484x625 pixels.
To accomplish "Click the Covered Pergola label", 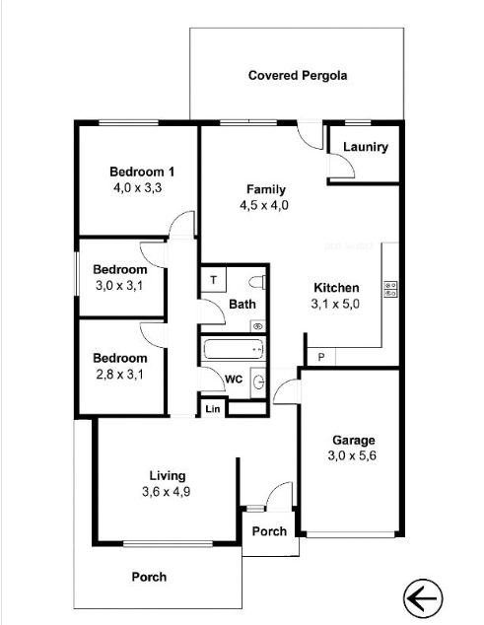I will pyautogui.click(x=298, y=75).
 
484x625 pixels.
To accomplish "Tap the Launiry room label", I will pyautogui.click(x=365, y=148).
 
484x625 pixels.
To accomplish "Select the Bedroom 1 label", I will pyautogui.click(x=142, y=172).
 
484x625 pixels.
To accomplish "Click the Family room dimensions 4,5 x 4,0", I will pyautogui.click(x=266, y=205).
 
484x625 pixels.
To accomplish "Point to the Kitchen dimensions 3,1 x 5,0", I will pyautogui.click(x=336, y=304).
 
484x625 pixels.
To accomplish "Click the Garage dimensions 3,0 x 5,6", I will pyautogui.click(x=353, y=456).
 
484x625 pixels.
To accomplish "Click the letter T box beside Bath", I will pyautogui.click(x=213, y=280).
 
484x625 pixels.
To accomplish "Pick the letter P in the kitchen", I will pyautogui.click(x=320, y=357).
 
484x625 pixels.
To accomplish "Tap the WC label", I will pyautogui.click(x=234, y=380).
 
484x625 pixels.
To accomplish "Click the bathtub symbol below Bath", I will pyautogui.click(x=234, y=348).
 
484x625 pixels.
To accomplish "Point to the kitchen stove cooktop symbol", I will pyautogui.click(x=390, y=289).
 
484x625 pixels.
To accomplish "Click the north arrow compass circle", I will pyautogui.click(x=424, y=597).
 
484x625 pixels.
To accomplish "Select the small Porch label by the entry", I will pyautogui.click(x=269, y=531).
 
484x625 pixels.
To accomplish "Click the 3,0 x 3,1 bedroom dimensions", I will pyautogui.click(x=120, y=286).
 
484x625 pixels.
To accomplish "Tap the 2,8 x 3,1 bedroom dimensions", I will pyautogui.click(x=120, y=374).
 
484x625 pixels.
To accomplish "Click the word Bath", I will pyautogui.click(x=242, y=305).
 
